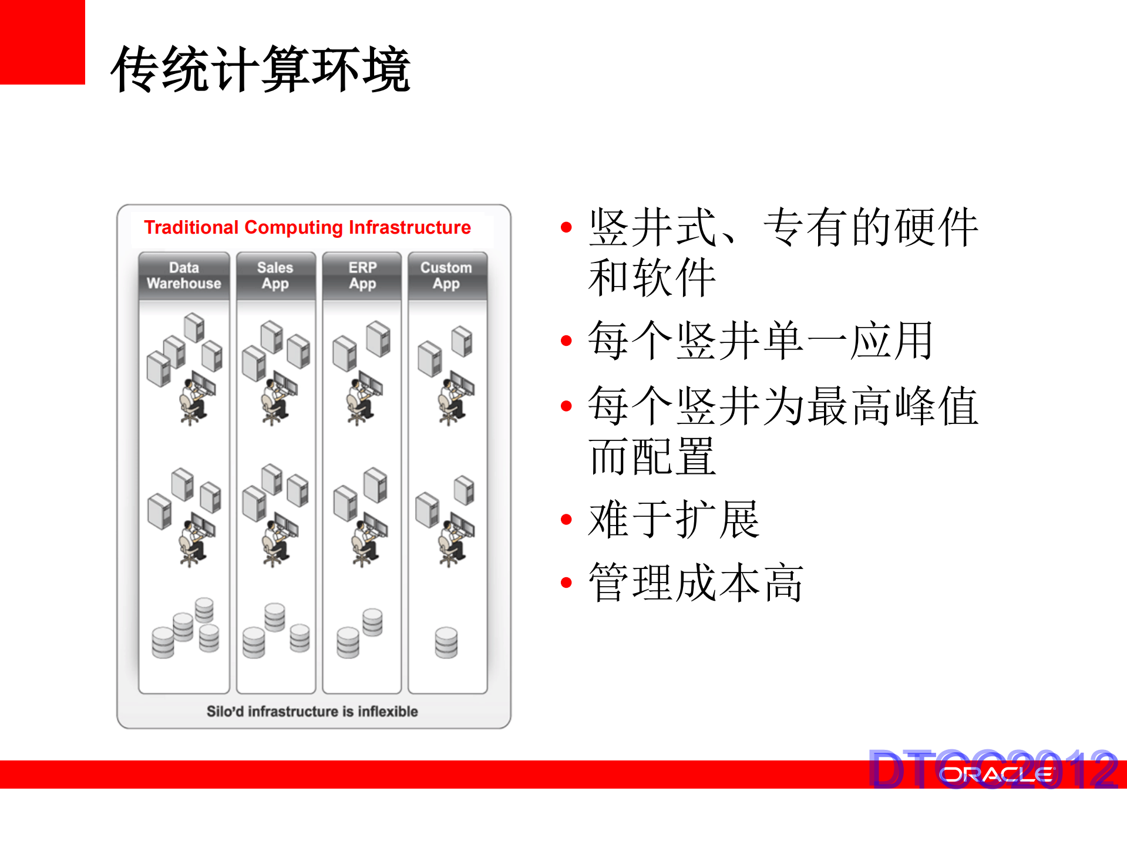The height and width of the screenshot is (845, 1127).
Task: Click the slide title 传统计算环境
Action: click(260, 69)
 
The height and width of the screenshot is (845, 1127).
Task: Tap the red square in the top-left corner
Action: click(42, 42)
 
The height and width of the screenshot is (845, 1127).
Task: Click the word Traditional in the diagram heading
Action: click(191, 227)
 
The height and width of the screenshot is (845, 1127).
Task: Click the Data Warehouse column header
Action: click(184, 275)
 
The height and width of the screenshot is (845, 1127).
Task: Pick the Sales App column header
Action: click(275, 275)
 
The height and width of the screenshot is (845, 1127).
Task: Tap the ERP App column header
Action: click(362, 275)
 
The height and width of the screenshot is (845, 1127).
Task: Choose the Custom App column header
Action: click(446, 275)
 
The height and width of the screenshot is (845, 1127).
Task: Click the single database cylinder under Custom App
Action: click(446, 642)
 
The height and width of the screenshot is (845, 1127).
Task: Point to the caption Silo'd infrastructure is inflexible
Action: click(312, 711)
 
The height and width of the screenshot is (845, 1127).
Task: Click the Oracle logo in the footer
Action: click(997, 775)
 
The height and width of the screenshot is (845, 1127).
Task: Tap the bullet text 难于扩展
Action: click(674, 519)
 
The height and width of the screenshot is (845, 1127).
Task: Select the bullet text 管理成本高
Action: click(696, 583)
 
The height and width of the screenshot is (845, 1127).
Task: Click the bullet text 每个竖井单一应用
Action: click(760, 341)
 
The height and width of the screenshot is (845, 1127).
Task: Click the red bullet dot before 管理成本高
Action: click(566, 583)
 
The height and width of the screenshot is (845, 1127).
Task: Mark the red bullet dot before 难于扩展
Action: click(566, 520)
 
